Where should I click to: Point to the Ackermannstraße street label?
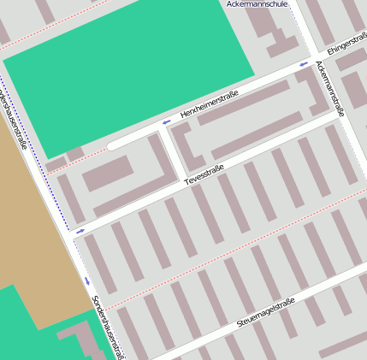(330, 87)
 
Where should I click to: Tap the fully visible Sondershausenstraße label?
(107, 327)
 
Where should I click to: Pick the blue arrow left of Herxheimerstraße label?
(165, 122)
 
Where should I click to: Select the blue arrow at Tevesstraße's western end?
(80, 231)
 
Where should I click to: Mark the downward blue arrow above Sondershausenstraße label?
(86, 280)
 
